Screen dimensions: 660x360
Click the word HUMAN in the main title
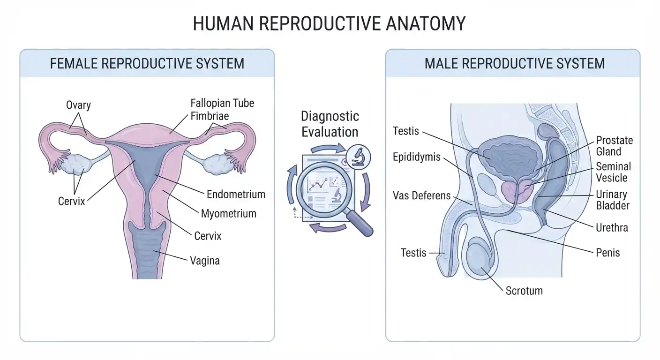(x=223, y=23)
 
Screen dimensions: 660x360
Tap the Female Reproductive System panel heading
(x=147, y=64)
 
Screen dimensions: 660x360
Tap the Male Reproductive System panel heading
(x=514, y=64)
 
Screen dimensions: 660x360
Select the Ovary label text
(x=78, y=105)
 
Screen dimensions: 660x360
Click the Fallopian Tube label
(x=222, y=103)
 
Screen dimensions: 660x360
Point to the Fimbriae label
(x=210, y=116)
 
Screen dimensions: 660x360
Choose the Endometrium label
(x=236, y=195)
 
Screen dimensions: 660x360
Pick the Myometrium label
(x=228, y=214)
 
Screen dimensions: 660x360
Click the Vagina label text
(x=205, y=261)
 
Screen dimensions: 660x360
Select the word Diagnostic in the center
(x=330, y=116)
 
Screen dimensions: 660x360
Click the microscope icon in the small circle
(x=358, y=157)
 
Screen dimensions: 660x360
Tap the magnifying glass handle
(x=359, y=223)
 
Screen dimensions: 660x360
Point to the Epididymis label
(x=416, y=157)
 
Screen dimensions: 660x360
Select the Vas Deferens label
(x=421, y=195)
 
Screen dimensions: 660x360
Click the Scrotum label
(x=524, y=291)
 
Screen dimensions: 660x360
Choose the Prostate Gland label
(x=614, y=146)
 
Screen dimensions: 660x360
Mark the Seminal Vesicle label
(x=613, y=172)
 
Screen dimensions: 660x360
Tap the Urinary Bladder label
(x=613, y=200)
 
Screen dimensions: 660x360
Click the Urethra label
(x=612, y=228)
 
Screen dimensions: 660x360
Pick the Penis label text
(x=607, y=253)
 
